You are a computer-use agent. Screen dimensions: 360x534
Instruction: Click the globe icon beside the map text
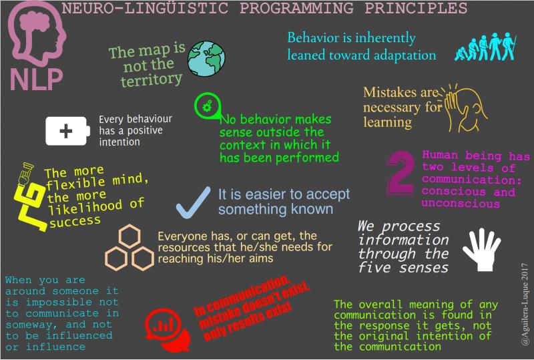tap(204, 58)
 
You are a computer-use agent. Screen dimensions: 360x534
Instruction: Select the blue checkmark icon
tap(194, 202)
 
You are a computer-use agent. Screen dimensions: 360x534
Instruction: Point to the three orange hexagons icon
tap(129, 247)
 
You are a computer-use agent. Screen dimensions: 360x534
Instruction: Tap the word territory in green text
tap(152, 79)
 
